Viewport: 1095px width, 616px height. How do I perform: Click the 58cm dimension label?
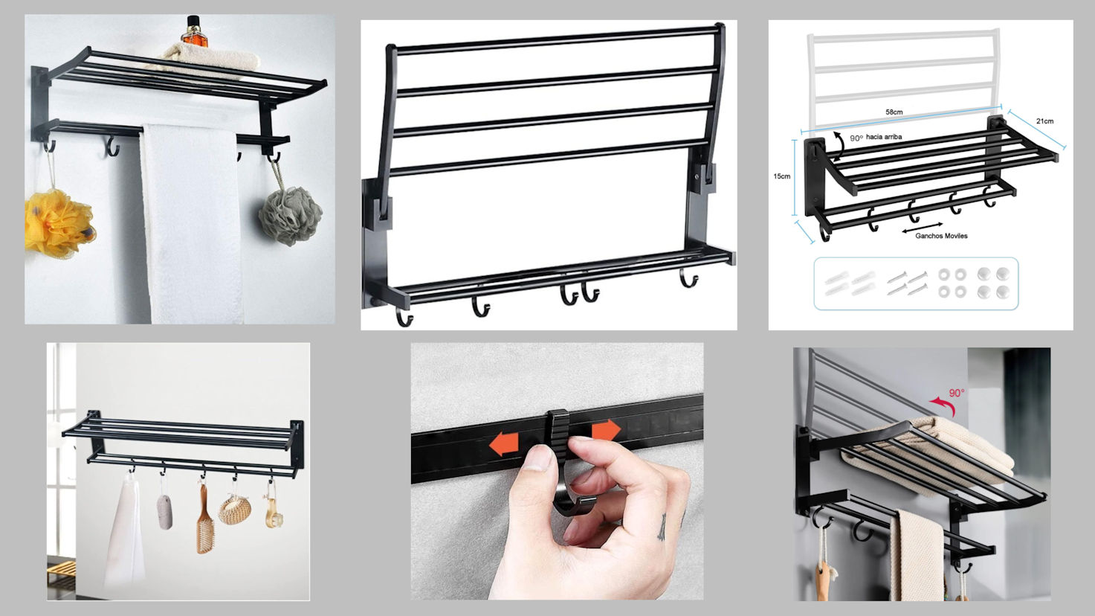pos(894,112)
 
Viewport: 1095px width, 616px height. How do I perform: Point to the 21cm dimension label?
pos(1044,121)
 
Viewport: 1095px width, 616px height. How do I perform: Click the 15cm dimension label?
pos(781,176)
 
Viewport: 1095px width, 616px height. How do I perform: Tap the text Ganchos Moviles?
pos(941,236)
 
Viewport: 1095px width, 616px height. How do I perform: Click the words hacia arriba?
pos(884,137)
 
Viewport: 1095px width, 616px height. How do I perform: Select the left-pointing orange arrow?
pos(503,444)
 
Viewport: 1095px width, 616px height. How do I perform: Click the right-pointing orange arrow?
pos(606,430)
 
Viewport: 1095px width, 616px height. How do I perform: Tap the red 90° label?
pos(957,393)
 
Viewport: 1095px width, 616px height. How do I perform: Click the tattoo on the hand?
pos(662,527)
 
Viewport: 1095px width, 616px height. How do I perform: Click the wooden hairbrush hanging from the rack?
pos(205,519)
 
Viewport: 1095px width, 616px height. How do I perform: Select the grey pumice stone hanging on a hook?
pos(165,512)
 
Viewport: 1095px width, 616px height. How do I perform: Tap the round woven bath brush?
pos(235,510)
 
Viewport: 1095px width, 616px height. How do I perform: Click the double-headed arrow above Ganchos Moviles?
pos(923,227)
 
